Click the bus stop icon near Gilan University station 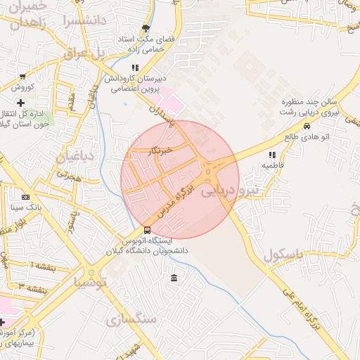click(x=147, y=230)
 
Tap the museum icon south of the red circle click(x=174, y=279)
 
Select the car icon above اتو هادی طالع click(x=307, y=126)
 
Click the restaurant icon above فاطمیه click(x=271, y=155)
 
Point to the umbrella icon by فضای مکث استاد click(x=146, y=29)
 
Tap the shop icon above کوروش click(x=23, y=77)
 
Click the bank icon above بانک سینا click(x=26, y=197)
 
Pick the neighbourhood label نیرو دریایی click(x=231, y=190)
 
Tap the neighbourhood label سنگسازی click(x=130, y=320)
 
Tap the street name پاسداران click(x=161, y=115)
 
